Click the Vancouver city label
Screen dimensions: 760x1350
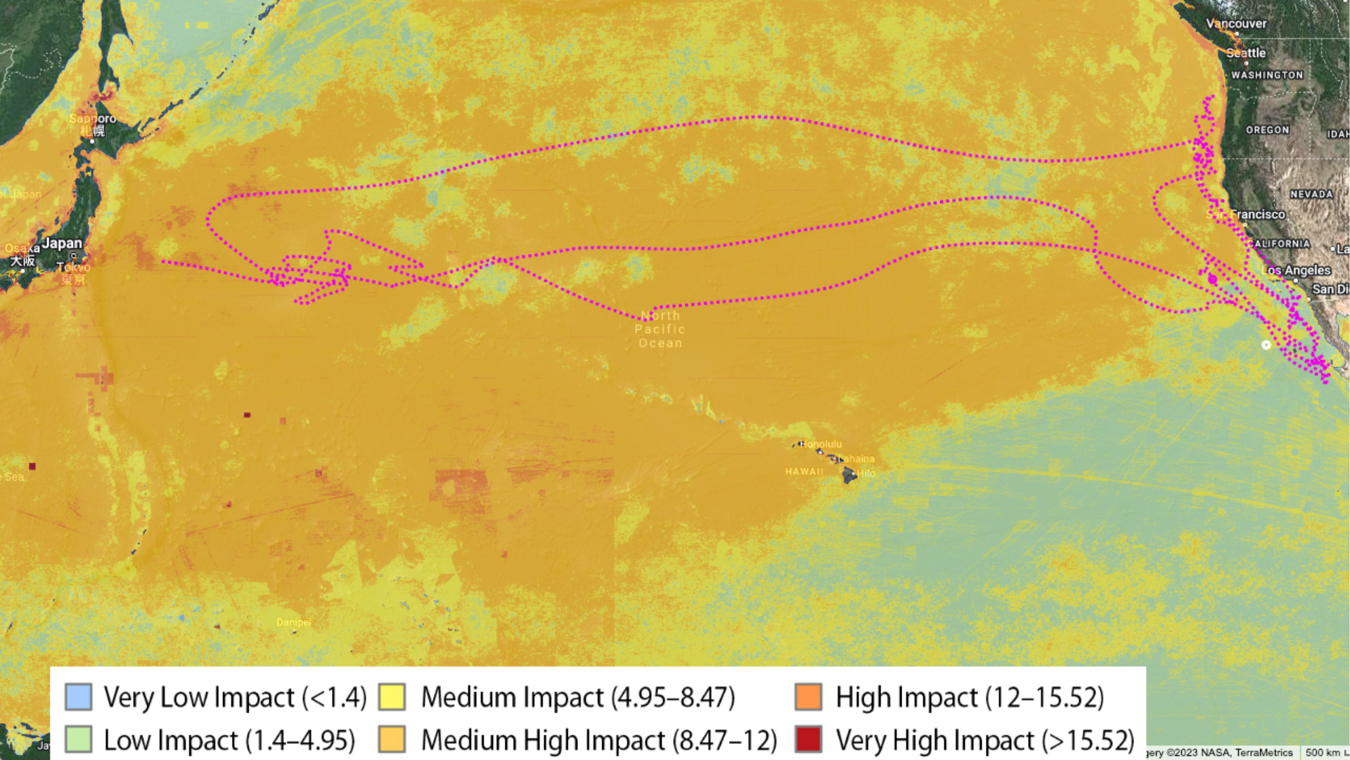(1236, 23)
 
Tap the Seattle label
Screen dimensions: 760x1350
(1246, 53)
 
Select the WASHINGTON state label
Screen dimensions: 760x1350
(1267, 75)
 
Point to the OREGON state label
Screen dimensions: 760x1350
(1267, 129)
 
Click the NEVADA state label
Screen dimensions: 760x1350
(1311, 194)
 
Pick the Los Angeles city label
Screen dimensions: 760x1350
(1297, 270)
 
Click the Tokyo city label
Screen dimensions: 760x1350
(74, 267)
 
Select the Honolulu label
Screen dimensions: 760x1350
(821, 444)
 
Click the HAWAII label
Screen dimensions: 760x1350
(804, 471)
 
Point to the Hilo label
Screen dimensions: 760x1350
(866, 474)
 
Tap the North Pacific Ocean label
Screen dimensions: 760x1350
(660, 329)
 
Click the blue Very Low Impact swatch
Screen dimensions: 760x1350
(78, 697)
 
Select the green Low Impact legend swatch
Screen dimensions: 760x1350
(78, 740)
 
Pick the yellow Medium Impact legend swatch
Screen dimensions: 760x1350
(392, 697)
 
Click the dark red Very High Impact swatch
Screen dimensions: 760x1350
(808, 740)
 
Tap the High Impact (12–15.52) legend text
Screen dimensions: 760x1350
(970, 697)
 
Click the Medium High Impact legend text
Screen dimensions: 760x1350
(599, 740)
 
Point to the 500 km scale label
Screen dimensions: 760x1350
(1322, 752)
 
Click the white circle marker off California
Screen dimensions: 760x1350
(1266, 345)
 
